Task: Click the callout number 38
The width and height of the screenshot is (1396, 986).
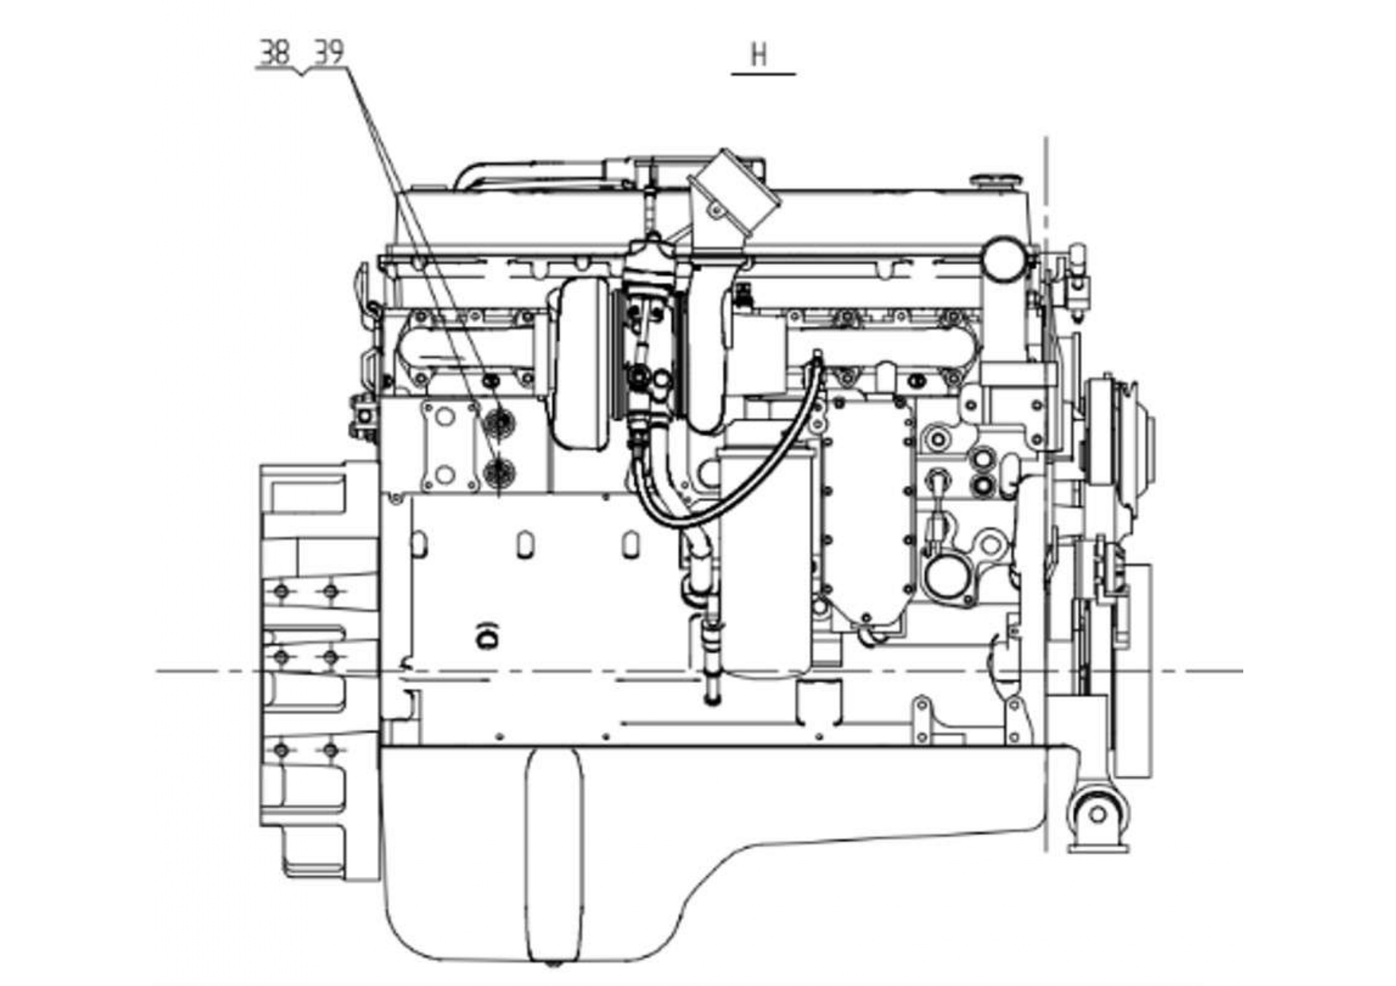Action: pyautogui.click(x=275, y=53)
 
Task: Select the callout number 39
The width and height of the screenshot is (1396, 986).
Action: pyautogui.click(x=329, y=53)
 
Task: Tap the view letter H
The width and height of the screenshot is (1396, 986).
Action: pyautogui.click(x=760, y=56)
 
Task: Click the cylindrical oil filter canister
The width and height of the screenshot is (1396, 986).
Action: pyautogui.click(x=765, y=561)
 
